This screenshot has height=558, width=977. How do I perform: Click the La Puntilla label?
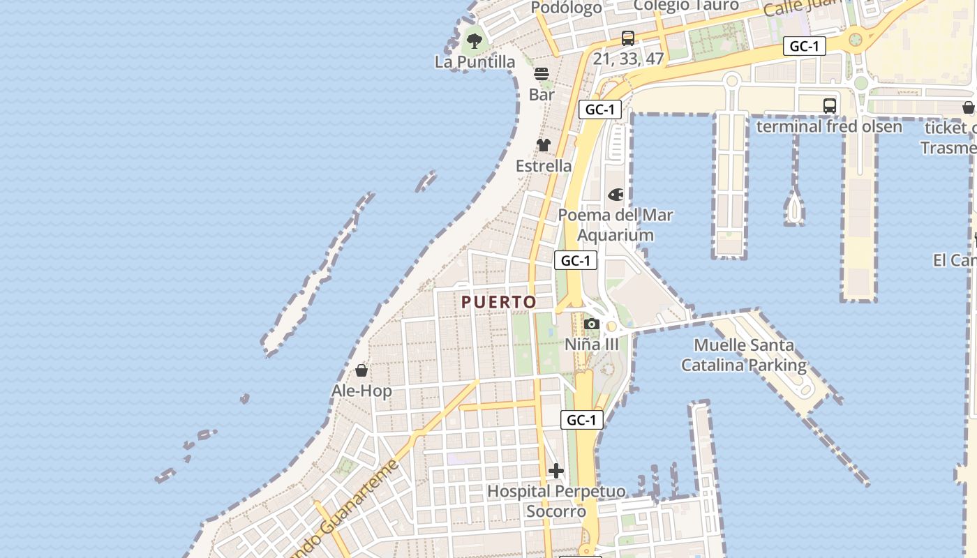click(475, 61)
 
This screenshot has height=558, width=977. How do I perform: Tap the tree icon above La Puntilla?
click(475, 40)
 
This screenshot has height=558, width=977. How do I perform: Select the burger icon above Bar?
click(542, 73)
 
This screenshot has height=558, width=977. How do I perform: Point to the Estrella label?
click(544, 166)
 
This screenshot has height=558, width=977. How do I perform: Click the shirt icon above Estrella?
click(544, 145)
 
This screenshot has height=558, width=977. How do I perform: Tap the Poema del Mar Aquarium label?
click(616, 225)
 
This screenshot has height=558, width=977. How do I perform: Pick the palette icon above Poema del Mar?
click(616, 195)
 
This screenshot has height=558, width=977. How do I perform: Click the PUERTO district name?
click(499, 302)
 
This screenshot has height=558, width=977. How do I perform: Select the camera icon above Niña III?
click(592, 324)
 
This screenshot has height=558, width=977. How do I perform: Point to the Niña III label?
click(592, 344)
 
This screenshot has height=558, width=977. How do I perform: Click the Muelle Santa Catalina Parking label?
click(744, 354)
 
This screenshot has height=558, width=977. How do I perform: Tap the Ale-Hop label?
click(361, 391)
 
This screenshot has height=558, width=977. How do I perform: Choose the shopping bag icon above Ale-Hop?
click(361, 370)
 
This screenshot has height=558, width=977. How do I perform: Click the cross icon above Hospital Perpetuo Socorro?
click(556, 471)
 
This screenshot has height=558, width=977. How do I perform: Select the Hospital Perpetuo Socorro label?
click(556, 501)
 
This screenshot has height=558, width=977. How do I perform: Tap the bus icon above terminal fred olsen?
click(829, 106)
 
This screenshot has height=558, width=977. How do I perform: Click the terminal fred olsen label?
click(829, 126)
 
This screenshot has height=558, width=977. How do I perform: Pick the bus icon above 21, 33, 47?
click(628, 38)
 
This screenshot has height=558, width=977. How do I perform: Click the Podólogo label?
click(567, 8)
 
